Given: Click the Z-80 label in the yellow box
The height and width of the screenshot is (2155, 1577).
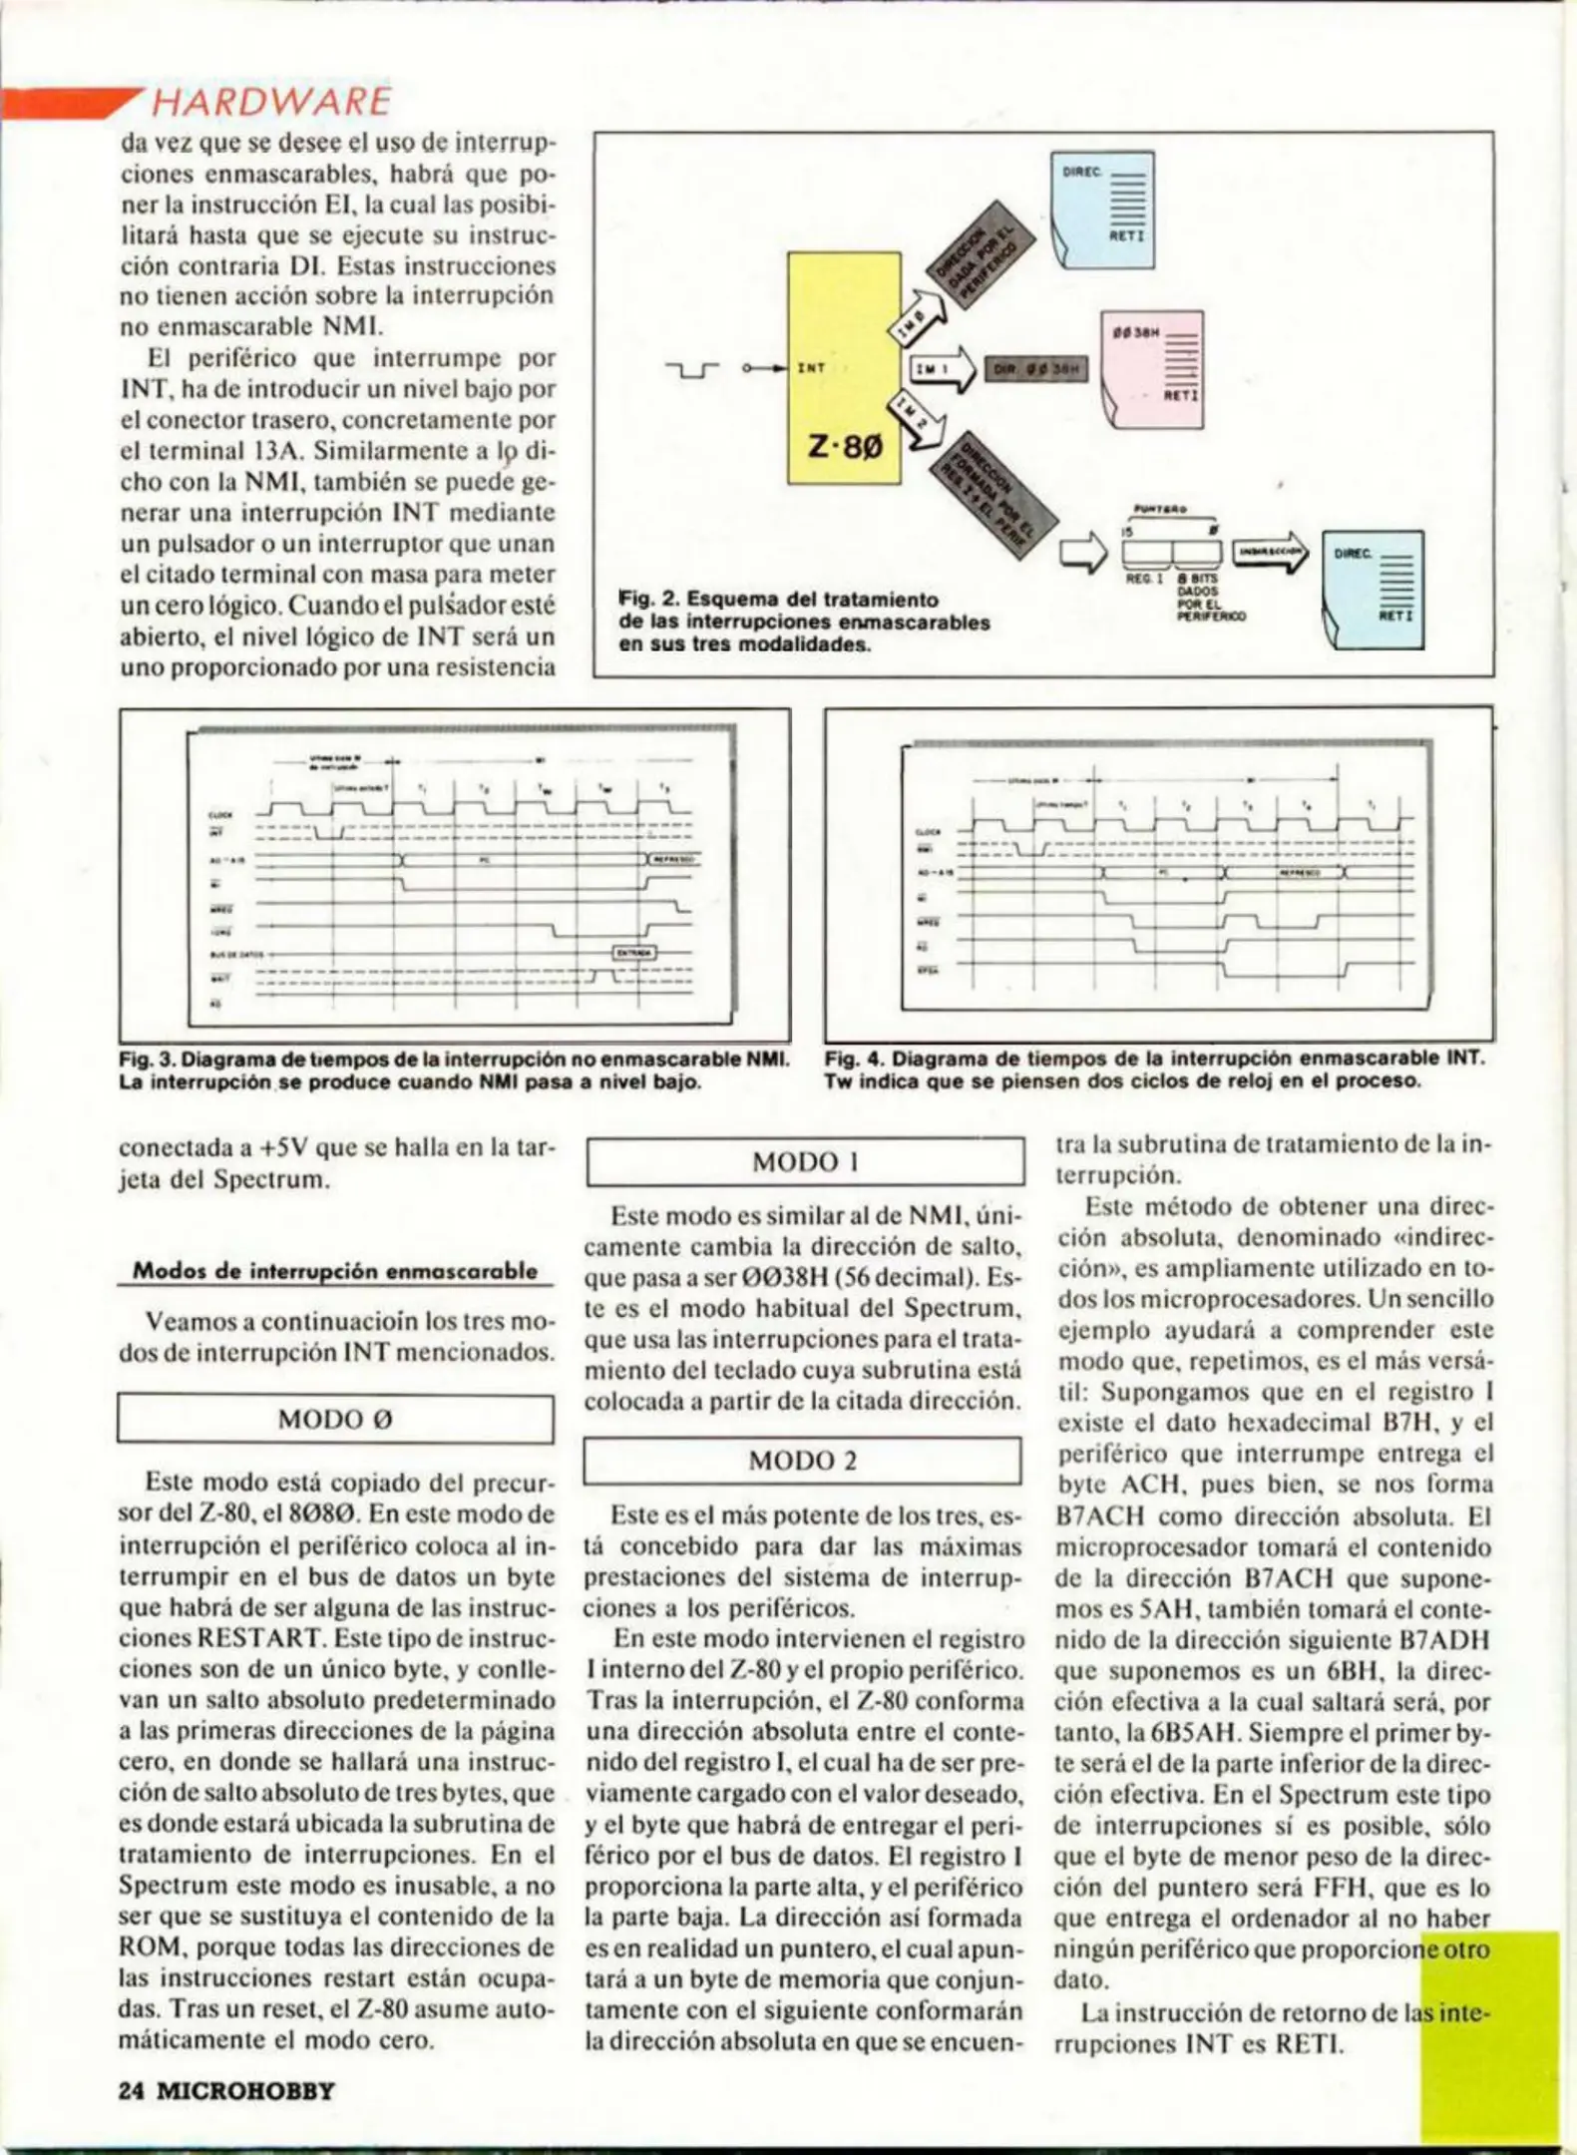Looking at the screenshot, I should [x=844, y=446].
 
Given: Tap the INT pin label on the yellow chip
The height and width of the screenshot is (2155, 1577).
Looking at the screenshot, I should [x=811, y=368].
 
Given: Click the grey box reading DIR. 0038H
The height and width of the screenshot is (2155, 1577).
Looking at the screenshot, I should [x=1036, y=369].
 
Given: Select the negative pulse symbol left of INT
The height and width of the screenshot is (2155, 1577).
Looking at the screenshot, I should [x=692, y=371].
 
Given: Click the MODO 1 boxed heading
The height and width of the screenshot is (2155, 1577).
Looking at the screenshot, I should [x=805, y=1162].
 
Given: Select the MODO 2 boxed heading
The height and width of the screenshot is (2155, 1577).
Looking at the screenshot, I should [x=802, y=1462].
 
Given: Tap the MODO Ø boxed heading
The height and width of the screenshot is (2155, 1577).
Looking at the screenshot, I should [x=335, y=1420].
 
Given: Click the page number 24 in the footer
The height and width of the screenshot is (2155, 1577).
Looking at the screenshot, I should [x=131, y=2090].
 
